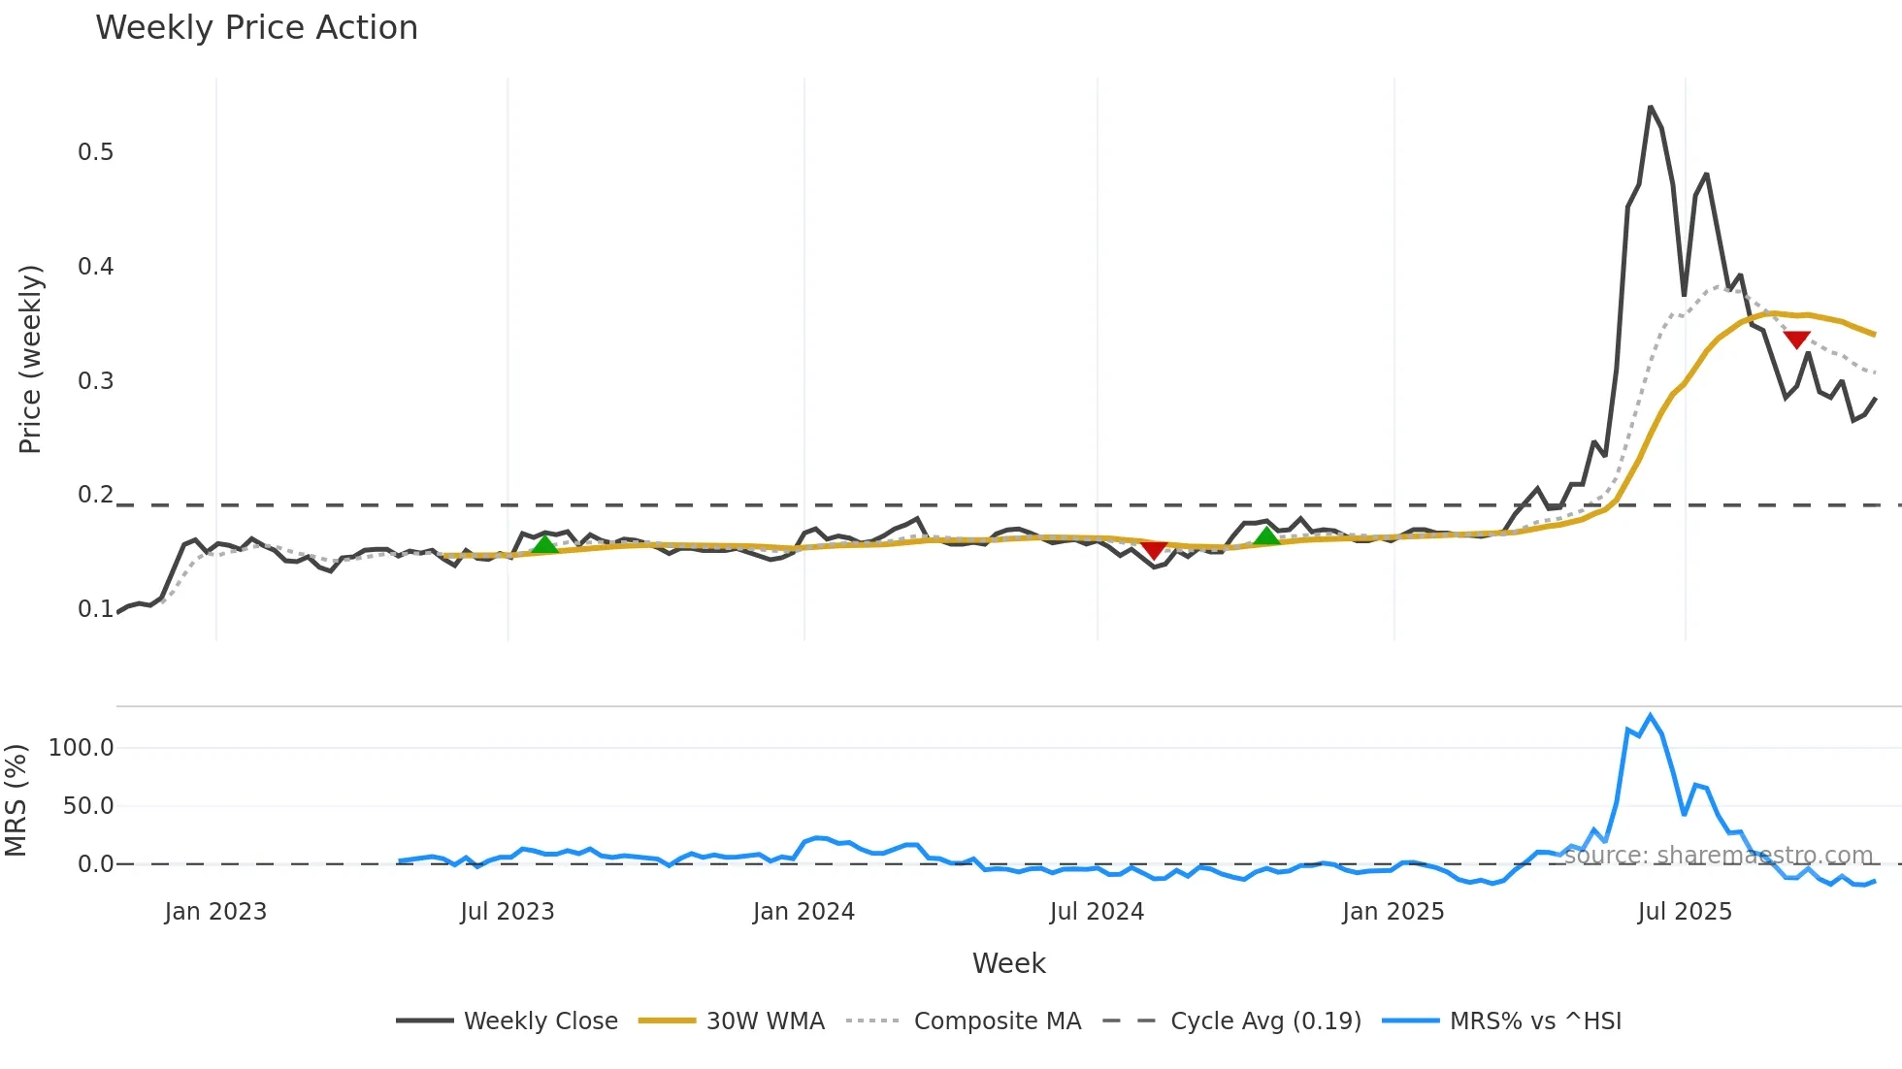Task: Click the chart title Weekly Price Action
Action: pos(256,28)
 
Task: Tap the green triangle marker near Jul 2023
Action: pos(545,545)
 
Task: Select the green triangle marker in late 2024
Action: pos(1266,536)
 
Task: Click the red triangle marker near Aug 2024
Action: pos(1153,550)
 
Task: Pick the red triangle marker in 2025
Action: pos(1797,340)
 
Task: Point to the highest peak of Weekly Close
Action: pos(1651,107)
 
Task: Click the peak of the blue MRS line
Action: pos(1651,716)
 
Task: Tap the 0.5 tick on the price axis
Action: pos(95,152)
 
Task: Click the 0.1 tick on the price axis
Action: pos(95,609)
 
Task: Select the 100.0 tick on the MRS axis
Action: pos(82,748)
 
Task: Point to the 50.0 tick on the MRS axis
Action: pos(88,806)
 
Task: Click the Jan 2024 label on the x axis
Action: pos(803,912)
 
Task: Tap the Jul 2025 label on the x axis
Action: pos(1685,912)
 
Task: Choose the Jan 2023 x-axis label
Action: pos(215,912)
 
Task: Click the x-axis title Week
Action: pos(1008,963)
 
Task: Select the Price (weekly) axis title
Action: pos(30,359)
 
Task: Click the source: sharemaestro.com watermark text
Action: pos(1718,856)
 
